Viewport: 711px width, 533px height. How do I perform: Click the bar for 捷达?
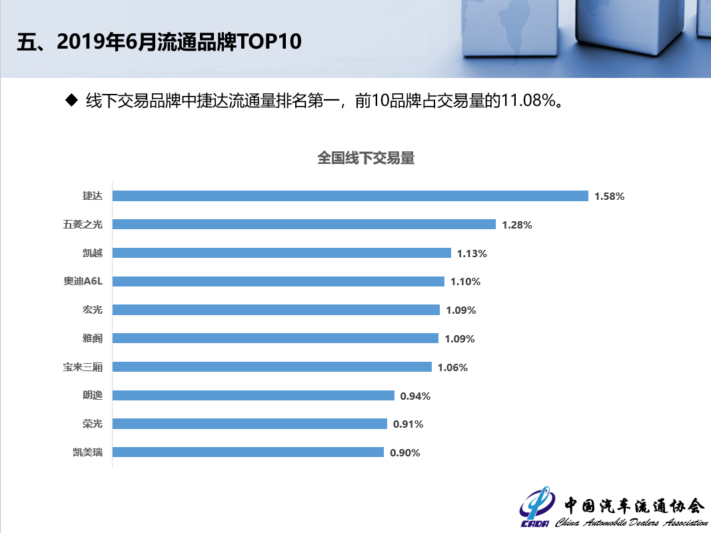click(350, 196)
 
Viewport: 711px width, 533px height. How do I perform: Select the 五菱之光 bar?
click(304, 225)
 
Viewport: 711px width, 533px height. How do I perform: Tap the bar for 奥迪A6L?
click(278, 281)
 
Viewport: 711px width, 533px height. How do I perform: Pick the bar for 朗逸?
click(253, 395)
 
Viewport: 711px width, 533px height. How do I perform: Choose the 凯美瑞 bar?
click(248, 452)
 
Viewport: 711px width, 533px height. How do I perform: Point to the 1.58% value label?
click(609, 197)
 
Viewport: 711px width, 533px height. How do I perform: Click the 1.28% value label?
click(516, 225)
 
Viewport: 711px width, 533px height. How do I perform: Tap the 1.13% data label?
click(472, 253)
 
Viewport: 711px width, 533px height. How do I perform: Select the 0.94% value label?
click(415, 396)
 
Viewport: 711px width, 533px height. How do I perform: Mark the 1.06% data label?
click(452, 367)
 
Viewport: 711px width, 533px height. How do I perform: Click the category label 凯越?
click(93, 253)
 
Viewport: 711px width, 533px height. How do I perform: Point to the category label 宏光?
click(93, 310)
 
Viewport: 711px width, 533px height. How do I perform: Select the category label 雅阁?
click(93, 338)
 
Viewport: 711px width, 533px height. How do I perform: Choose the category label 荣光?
click(93, 423)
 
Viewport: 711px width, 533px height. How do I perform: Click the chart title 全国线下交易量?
click(366, 158)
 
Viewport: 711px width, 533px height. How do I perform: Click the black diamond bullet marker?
click(71, 100)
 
